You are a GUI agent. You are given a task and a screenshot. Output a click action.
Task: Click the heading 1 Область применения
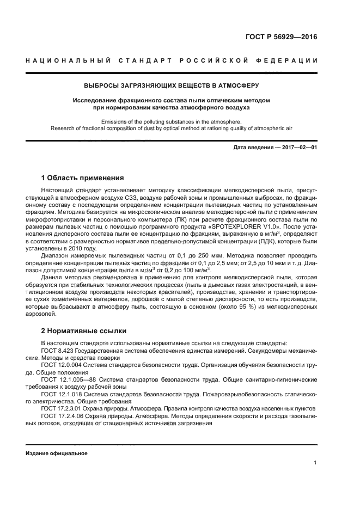tap(82, 177)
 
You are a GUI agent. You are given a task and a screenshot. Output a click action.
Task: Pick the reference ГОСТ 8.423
tap(58, 351)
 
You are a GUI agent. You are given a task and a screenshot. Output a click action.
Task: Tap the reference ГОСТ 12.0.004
tap(62, 366)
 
